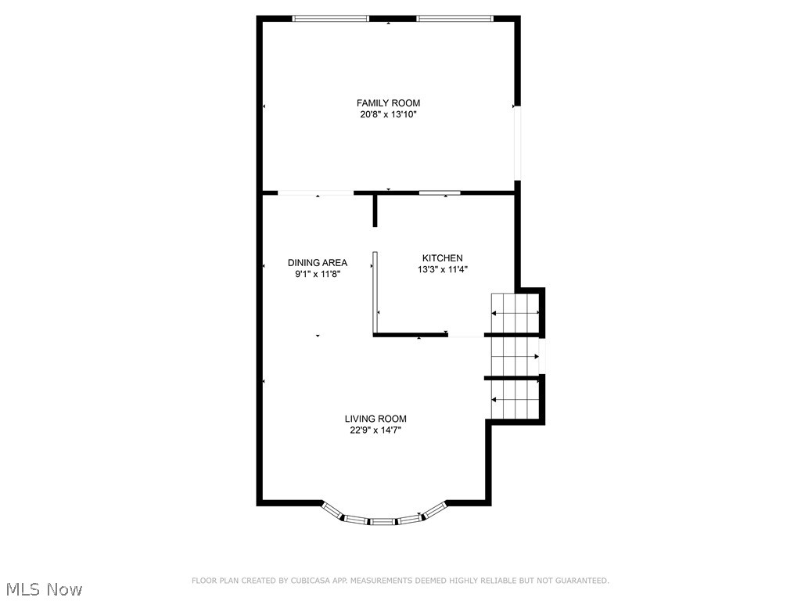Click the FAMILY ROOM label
[388, 103]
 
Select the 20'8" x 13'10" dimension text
[388, 114]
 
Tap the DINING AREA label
[317, 263]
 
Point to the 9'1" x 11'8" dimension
[317, 274]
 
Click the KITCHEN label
[442, 258]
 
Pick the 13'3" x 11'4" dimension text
[442, 269]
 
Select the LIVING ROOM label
[375, 419]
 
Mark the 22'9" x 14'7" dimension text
[375, 430]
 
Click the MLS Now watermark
[43, 588]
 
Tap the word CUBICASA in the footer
[306, 581]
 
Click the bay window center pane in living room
[383, 520]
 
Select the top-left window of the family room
[330, 18]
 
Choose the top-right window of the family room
[454, 18]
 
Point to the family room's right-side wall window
[516, 142]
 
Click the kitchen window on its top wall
[439, 192]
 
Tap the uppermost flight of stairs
[515, 313]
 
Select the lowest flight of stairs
[515, 400]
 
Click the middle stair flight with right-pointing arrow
[514, 356]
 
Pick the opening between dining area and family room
[316, 193]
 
